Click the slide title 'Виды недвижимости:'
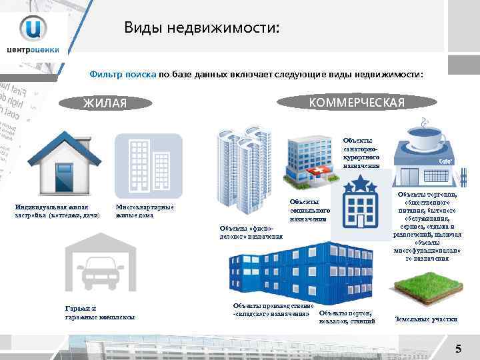pyautogui.click(x=202, y=28)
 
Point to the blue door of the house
pyautogui.click(x=64, y=177)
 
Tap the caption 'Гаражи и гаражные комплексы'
pyautogui.click(x=99, y=312)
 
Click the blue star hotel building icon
pyautogui.click(x=361, y=201)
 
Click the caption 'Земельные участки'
pyautogui.click(x=426, y=319)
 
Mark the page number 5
pyautogui.click(x=458, y=348)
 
